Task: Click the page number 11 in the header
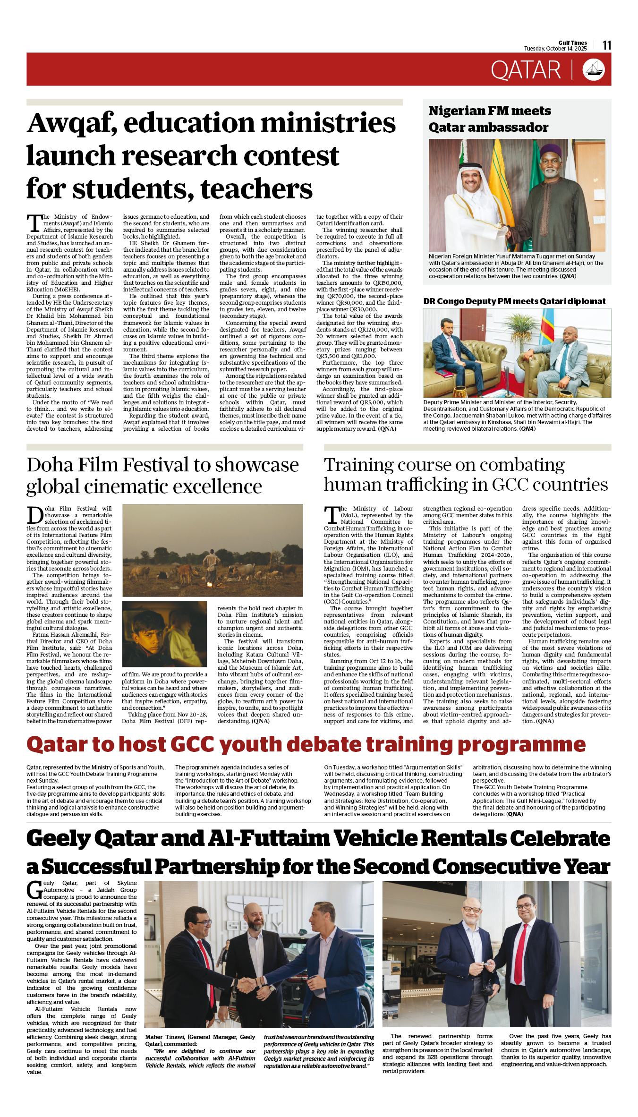(607, 45)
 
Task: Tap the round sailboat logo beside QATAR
(594, 69)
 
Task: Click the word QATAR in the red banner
(526, 70)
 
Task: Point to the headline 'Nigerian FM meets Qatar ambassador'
(490, 119)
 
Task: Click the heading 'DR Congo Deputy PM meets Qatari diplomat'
(514, 301)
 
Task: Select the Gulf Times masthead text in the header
(572, 43)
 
